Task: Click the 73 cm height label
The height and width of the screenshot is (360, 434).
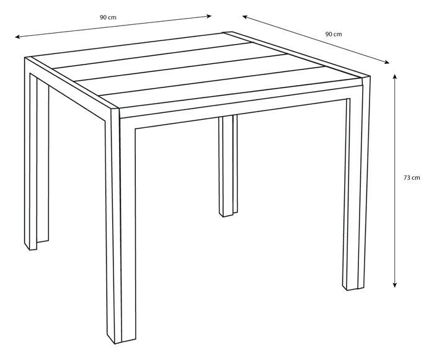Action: [x=412, y=178]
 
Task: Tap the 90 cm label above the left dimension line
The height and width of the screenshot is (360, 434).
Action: [x=108, y=17]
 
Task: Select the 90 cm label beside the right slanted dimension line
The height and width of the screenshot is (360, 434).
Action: [x=334, y=34]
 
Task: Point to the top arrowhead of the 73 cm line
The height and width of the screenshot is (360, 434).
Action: [x=395, y=76]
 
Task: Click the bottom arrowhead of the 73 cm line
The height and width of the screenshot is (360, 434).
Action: [x=395, y=286]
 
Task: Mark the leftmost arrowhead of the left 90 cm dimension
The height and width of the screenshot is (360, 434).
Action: [x=17, y=37]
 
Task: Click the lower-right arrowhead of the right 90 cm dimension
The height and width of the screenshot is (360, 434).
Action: [x=387, y=62]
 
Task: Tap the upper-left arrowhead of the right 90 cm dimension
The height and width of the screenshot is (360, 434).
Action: [x=245, y=17]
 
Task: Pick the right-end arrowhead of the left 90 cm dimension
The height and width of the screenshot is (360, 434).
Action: [x=210, y=16]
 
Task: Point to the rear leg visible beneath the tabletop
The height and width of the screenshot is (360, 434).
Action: [x=228, y=166]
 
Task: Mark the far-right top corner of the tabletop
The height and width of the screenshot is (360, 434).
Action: [x=370, y=76]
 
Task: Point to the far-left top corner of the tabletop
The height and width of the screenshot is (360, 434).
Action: [x=25, y=58]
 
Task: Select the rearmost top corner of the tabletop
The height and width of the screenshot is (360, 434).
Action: [x=231, y=32]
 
